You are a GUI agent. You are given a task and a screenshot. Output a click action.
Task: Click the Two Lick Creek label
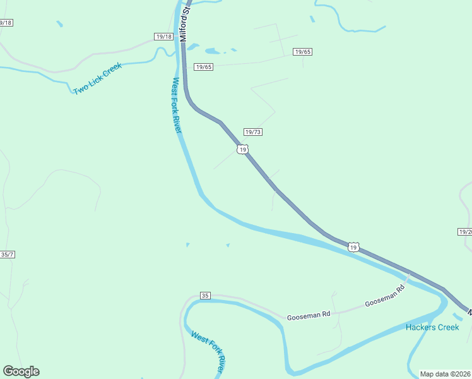point(97,78)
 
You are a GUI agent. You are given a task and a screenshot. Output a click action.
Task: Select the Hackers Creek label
point(432,327)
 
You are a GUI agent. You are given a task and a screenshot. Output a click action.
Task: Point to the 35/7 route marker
point(7,255)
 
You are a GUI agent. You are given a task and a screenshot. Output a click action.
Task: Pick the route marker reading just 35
point(204,295)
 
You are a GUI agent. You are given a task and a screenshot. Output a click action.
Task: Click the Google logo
point(21,371)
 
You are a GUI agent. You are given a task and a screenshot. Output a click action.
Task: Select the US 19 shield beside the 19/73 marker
point(242,149)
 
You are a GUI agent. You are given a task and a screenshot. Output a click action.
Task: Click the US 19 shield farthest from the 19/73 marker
point(353,247)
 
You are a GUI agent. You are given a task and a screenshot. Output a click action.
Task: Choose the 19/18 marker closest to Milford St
point(163,37)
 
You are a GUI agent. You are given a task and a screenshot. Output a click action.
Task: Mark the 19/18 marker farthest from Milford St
point(5,23)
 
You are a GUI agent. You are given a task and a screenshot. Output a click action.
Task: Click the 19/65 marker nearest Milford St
point(203,67)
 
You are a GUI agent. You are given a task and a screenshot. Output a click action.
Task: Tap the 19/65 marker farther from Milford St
point(302,52)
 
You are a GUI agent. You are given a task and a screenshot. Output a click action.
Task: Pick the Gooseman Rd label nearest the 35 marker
point(309,315)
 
